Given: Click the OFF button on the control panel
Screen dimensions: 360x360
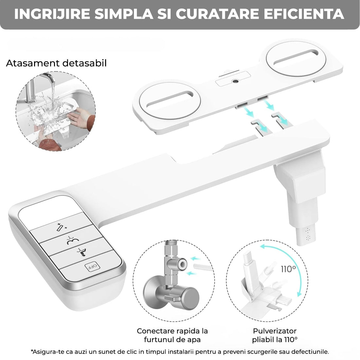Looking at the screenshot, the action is coord(92,266).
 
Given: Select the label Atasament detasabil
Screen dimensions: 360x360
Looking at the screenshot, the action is coord(56,63).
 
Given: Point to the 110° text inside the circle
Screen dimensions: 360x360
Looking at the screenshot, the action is coord(288,269).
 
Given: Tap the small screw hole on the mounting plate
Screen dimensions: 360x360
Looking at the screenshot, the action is coord(235,81).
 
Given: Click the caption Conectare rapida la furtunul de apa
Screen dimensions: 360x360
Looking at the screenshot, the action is coord(172,335).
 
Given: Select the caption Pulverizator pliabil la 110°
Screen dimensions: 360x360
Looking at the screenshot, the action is coord(275,335).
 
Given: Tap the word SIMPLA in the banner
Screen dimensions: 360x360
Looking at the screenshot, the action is coord(123,14).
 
